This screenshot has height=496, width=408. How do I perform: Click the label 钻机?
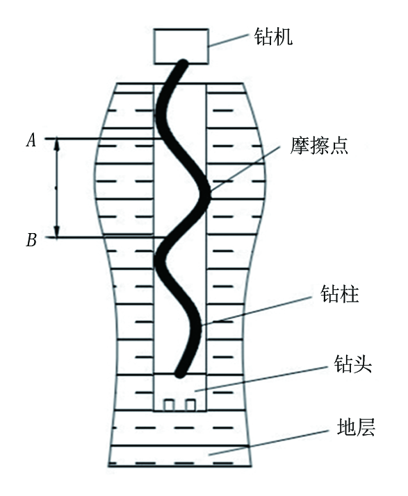pyautogui.click(x=273, y=37)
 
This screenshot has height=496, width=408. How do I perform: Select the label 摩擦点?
pyautogui.click(x=319, y=146)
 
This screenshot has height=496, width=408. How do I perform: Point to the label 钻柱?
pyautogui.click(x=339, y=294)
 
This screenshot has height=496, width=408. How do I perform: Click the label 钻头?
pyautogui.click(x=352, y=364)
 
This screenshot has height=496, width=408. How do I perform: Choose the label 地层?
pyautogui.click(x=356, y=427)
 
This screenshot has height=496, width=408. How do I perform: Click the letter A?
pyautogui.click(x=31, y=140)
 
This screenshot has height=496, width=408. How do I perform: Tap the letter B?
pyautogui.click(x=31, y=239)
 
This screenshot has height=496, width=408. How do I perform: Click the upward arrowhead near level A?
pyautogui.click(x=57, y=144)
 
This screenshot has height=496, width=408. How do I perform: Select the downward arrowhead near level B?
pyautogui.click(x=57, y=231)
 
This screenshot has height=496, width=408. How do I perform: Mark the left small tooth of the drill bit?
pyautogui.click(x=169, y=405)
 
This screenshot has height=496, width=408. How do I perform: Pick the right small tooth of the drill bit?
pyautogui.click(x=190, y=405)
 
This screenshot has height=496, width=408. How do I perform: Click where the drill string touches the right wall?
pyautogui.click(x=206, y=192)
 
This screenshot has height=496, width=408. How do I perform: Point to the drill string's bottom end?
pyautogui.click(x=180, y=374)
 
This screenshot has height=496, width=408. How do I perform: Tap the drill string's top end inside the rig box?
pyautogui.click(x=184, y=62)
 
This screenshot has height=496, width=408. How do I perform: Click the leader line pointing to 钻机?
pyautogui.click(x=228, y=40)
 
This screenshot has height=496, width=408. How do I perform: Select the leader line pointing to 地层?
pyautogui.click(x=268, y=443)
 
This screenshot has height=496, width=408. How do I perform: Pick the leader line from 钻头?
pyautogui.click(x=261, y=379)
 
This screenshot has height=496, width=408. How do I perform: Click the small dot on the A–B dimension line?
pyautogui.click(x=56, y=188)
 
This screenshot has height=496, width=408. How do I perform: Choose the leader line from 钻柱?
pyautogui.click(x=256, y=311)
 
